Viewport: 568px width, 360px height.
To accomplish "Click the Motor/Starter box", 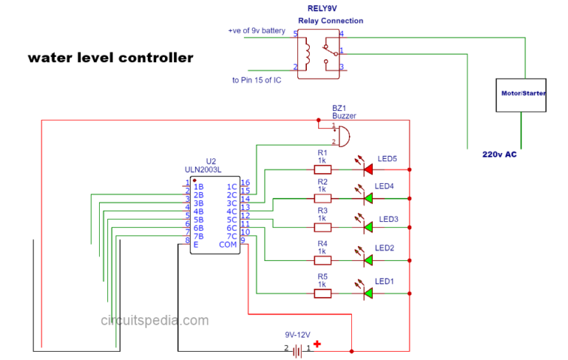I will pos(521,94).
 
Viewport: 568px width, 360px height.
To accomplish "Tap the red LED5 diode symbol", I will pos(367,169).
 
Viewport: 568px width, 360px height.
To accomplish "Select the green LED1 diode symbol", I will pos(367,293).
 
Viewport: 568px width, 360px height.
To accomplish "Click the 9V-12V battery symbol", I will pos(297,351).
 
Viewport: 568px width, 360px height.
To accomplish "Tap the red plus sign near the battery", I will pos(317,344).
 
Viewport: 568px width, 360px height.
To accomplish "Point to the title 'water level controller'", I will pos(110,58).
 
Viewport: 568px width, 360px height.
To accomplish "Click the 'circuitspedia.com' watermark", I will pos(155,321).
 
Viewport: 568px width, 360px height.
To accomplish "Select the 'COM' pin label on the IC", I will pos(227,244).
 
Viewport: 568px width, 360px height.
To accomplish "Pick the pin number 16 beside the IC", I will pos(246,183).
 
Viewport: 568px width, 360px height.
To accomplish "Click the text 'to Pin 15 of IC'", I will pos(257,80).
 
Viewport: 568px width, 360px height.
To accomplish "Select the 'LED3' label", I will pos(388,220).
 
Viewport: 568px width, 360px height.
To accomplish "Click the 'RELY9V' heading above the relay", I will pos(322,10).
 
